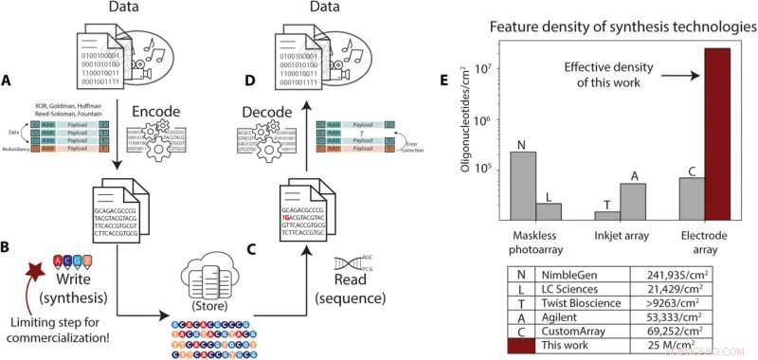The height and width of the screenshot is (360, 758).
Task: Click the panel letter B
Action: (9, 251)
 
